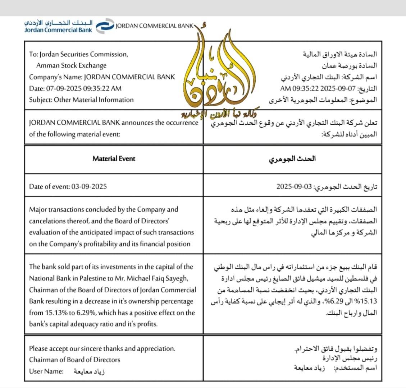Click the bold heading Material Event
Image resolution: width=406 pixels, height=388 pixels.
pos(114,158)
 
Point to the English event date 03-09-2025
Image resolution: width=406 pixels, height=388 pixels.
pos(89,186)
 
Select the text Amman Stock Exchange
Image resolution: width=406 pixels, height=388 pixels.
pos(71,66)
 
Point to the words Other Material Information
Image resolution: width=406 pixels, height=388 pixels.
pos(93,100)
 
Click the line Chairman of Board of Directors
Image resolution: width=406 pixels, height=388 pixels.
pos(75,360)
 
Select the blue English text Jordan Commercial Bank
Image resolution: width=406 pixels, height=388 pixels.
pos(58,30)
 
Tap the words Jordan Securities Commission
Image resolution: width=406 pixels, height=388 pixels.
pos(83,55)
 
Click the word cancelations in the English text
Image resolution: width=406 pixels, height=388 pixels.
pos(46,221)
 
